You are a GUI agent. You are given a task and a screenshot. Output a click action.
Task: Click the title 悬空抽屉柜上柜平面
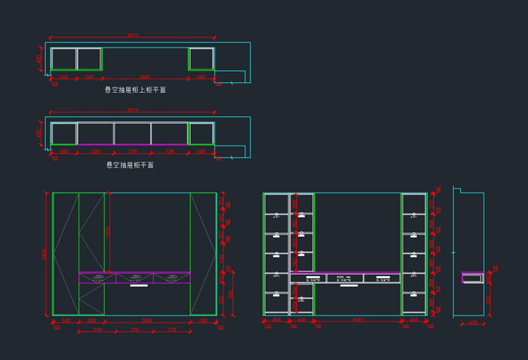pyautogui.click(x=135, y=90)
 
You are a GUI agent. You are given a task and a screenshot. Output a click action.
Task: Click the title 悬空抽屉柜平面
pyautogui.click(x=130, y=165)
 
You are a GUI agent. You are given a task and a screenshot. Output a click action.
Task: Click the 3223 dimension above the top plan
pyautogui.click(x=133, y=35)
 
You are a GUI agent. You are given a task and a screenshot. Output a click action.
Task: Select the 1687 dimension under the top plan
pyautogui.click(x=145, y=77)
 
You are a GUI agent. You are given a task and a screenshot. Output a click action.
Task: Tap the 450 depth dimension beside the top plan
pyautogui.click(x=39, y=58)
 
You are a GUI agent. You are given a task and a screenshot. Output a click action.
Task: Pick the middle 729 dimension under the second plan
pyautogui.click(x=133, y=152)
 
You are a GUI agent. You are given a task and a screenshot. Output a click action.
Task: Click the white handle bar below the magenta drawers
pyautogui.click(x=138, y=286)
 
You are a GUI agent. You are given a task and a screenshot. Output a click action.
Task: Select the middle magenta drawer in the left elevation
pyautogui.click(x=134, y=278)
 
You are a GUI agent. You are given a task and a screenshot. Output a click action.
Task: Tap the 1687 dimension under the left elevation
pyautogui.click(x=147, y=321)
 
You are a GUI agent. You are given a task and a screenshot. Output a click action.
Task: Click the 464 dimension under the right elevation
pyautogui.click(x=277, y=320)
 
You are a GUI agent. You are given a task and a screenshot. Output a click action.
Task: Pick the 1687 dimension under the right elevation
pyautogui.click(x=357, y=320)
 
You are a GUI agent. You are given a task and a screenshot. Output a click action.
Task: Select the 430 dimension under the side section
pyautogui.click(x=472, y=323)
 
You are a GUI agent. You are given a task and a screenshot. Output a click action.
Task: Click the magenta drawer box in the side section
pyautogui.click(x=472, y=278)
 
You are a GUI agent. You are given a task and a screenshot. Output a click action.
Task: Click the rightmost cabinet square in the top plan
pyautogui.click(x=201, y=59)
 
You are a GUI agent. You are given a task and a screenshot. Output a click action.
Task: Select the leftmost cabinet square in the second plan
pyautogui.click(x=64, y=134)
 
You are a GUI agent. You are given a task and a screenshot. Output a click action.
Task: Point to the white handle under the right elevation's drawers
pyautogui.click(x=348, y=285)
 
